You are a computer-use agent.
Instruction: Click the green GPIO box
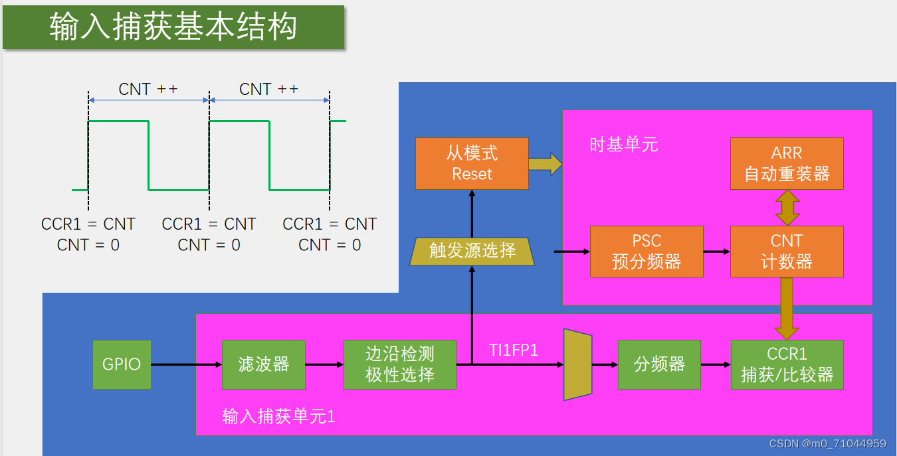(x=122, y=364)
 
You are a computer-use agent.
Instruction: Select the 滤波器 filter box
(x=264, y=364)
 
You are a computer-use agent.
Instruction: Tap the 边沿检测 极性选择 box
(x=400, y=364)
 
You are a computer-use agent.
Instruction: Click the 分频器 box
(x=659, y=364)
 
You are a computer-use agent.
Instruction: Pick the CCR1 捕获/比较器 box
(x=787, y=364)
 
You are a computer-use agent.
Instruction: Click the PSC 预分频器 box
(x=647, y=252)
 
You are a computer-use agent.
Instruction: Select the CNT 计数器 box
(x=787, y=252)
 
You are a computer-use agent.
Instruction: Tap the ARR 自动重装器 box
(x=787, y=163)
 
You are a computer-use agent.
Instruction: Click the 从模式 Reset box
(x=472, y=163)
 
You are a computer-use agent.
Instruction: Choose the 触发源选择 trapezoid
(x=472, y=251)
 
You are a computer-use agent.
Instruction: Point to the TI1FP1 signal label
(x=514, y=350)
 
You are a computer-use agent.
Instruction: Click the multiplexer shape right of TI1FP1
(x=577, y=364)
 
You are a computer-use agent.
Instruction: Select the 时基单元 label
(x=623, y=145)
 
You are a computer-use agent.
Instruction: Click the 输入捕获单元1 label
(x=278, y=416)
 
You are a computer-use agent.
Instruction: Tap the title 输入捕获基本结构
(x=173, y=27)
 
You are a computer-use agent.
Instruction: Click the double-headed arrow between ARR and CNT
(x=787, y=207)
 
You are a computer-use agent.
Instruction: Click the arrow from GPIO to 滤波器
(x=186, y=364)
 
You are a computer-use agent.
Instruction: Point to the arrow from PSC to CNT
(x=716, y=252)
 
